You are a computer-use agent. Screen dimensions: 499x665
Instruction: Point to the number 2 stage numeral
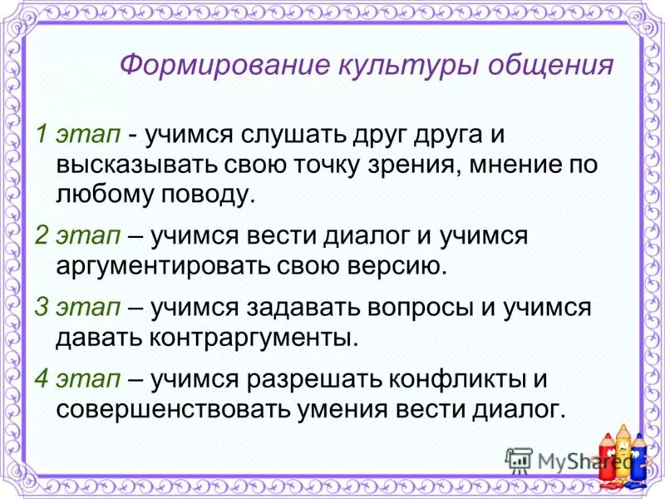click(x=42, y=235)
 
